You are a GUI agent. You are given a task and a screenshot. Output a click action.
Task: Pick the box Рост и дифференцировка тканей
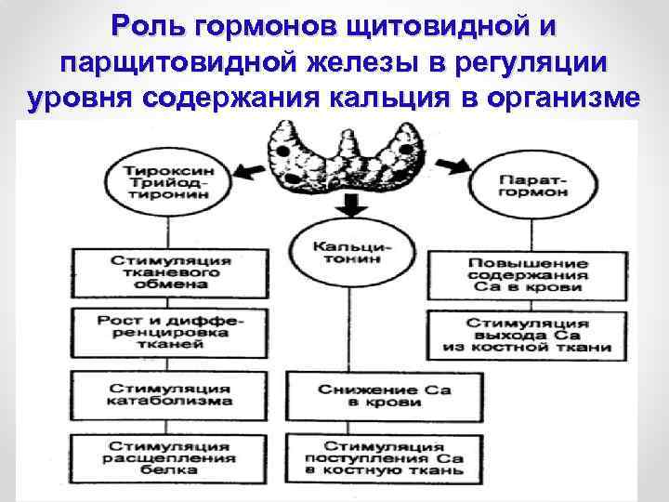click(170, 330)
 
